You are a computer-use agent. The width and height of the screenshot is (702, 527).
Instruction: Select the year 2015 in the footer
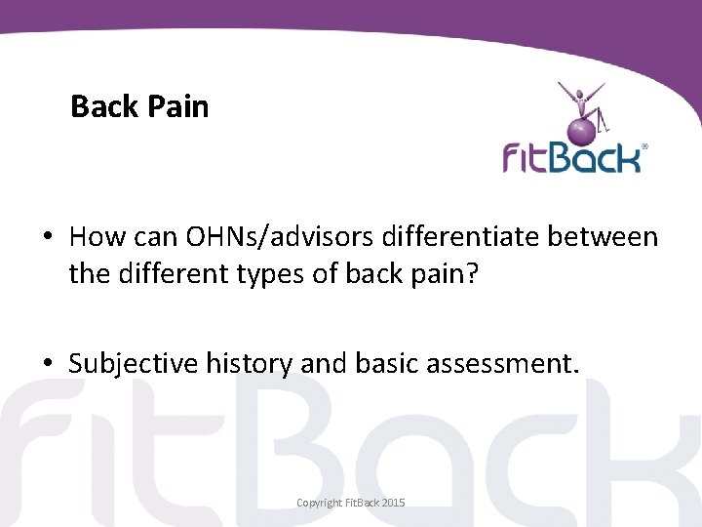tap(394, 503)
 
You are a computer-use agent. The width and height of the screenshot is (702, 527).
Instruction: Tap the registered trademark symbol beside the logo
tap(643, 147)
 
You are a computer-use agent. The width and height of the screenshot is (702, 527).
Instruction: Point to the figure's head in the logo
tap(581, 96)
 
